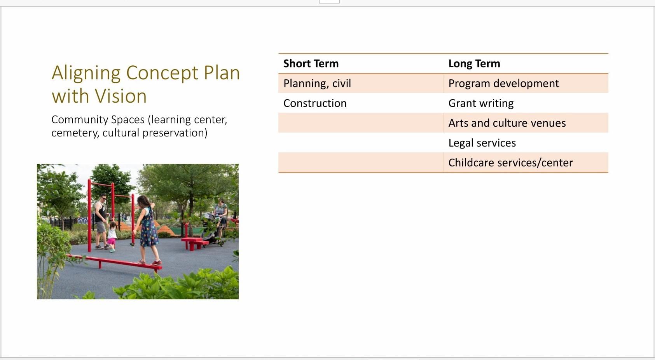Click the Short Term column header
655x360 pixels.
coord(311,63)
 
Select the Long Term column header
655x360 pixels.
coord(474,63)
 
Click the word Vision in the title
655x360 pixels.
coord(121,96)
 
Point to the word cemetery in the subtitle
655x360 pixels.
coord(75,133)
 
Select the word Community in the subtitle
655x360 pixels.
coord(75,120)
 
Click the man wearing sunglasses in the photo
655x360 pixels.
coord(101,222)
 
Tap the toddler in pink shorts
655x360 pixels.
coord(112,237)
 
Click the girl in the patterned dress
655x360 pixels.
coord(148,230)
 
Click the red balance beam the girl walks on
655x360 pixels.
coord(114,262)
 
